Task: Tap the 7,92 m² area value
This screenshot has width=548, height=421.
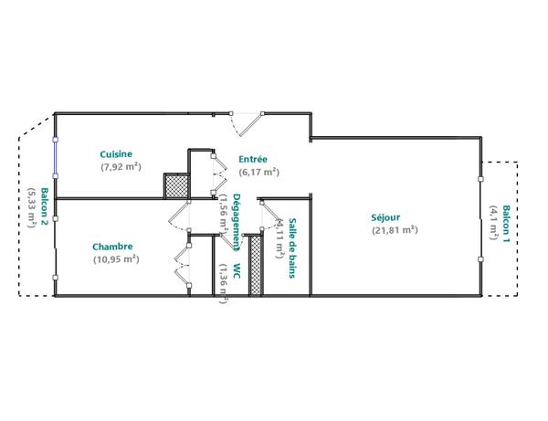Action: coord(121,166)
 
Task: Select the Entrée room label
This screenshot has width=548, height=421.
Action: coord(252,158)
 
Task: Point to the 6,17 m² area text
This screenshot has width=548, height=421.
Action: coord(259,171)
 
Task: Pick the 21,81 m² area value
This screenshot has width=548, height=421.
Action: coord(395,230)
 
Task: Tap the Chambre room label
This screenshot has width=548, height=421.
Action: coord(113,246)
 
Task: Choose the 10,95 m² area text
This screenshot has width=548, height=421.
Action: coord(116,258)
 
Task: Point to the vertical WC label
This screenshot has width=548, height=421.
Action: coord(237,272)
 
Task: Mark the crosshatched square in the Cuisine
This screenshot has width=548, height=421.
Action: coord(175,185)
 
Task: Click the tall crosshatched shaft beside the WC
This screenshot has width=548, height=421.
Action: coord(256,266)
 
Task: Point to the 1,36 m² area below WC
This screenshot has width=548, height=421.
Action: coord(224,283)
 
